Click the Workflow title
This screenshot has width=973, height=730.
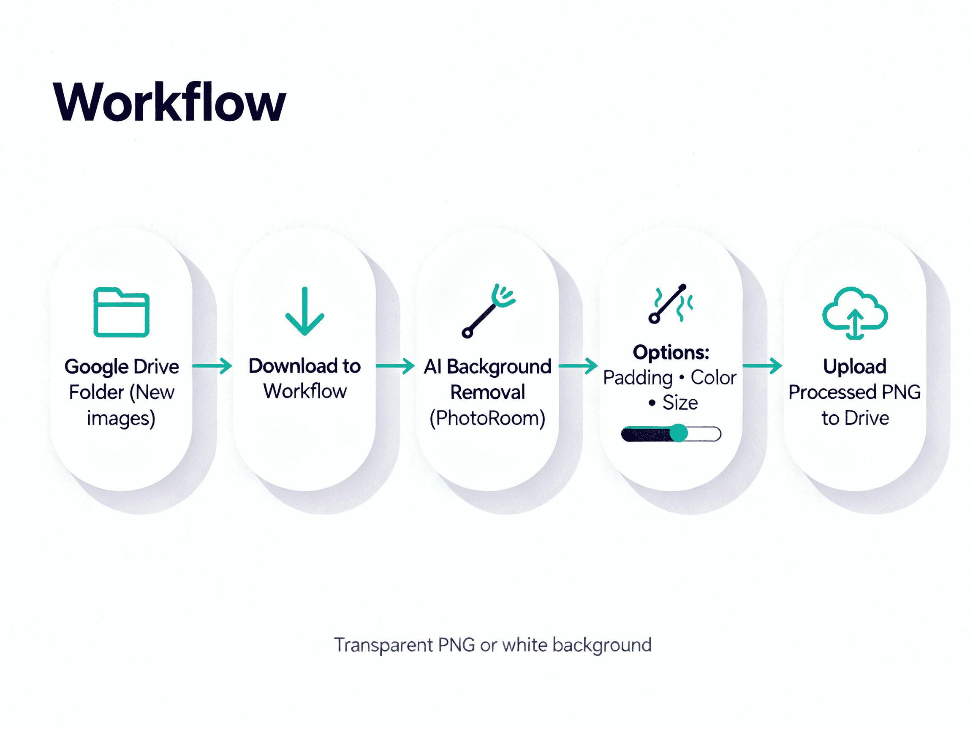(169, 102)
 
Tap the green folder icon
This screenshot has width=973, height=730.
(121, 313)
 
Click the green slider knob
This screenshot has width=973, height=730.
(679, 433)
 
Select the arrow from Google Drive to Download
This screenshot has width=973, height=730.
(212, 366)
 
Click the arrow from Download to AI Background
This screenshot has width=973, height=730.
(395, 366)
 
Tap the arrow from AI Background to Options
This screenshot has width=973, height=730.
(578, 366)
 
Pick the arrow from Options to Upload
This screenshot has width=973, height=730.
(762, 366)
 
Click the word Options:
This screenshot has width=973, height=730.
(671, 352)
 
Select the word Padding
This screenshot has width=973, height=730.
(638, 378)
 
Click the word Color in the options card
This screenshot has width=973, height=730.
(713, 378)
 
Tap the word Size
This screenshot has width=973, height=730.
(680, 403)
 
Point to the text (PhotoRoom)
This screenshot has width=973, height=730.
(487, 418)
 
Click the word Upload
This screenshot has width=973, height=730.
(855, 367)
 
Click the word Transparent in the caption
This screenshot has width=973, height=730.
(383, 646)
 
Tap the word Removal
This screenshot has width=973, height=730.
(487, 392)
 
